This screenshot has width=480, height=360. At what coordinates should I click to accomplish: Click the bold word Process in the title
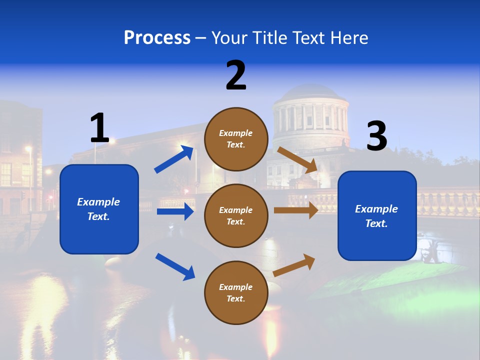click(x=157, y=38)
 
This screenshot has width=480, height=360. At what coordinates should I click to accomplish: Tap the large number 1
click(x=99, y=128)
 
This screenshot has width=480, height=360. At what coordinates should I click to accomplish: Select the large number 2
click(x=236, y=75)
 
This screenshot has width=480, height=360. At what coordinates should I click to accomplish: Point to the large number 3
click(x=377, y=136)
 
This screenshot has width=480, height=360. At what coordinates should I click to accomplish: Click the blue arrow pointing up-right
click(x=173, y=159)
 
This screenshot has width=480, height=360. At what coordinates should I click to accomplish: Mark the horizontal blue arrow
click(x=175, y=211)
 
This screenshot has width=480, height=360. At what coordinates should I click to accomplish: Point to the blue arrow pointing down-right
click(x=175, y=266)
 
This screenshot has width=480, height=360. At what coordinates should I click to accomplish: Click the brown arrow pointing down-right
click(x=297, y=160)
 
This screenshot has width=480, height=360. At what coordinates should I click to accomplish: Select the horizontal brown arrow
click(x=296, y=210)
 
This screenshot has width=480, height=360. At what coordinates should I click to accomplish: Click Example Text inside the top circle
click(x=236, y=138)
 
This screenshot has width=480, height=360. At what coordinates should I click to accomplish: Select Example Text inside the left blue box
click(x=99, y=209)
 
